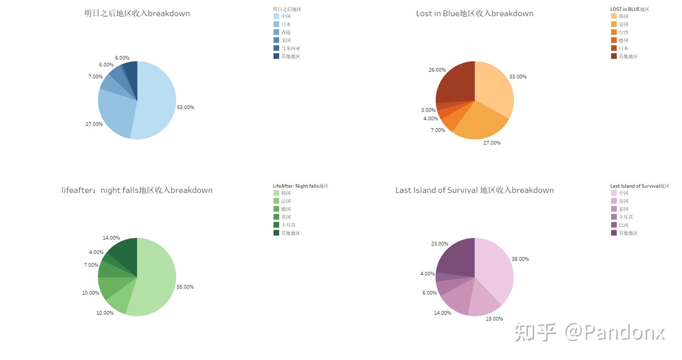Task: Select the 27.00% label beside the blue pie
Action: click(94, 124)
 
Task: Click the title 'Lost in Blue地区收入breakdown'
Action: click(474, 14)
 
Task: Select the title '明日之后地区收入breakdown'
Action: click(137, 14)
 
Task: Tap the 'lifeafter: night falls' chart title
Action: click(137, 190)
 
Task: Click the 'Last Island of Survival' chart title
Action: click(474, 190)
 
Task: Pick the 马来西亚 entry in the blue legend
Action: click(290, 48)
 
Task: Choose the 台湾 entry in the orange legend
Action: click(623, 32)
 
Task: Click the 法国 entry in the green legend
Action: click(285, 201)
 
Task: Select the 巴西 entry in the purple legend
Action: click(623, 225)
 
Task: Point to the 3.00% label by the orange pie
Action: click(428, 110)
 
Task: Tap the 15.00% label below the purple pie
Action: click(494, 319)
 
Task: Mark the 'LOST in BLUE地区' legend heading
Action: click(629, 9)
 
